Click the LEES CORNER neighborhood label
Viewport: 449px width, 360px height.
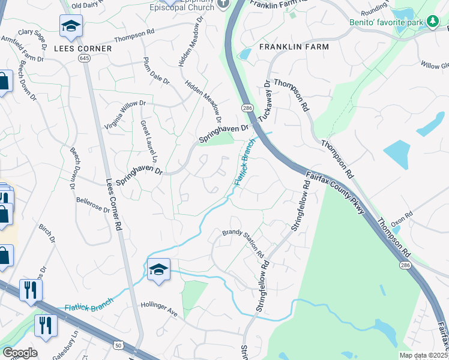(82, 48)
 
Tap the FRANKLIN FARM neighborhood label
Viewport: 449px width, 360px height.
(294, 47)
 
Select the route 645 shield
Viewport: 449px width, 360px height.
(83, 58)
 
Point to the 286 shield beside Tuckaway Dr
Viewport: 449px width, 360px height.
(247, 107)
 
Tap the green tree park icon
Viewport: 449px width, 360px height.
(432, 22)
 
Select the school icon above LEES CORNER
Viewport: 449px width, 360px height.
(71, 26)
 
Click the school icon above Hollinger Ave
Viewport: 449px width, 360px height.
(158, 270)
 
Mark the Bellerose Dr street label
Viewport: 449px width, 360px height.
(93, 203)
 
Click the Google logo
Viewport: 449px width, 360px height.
(20, 353)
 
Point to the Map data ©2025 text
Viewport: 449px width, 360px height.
(423, 355)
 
